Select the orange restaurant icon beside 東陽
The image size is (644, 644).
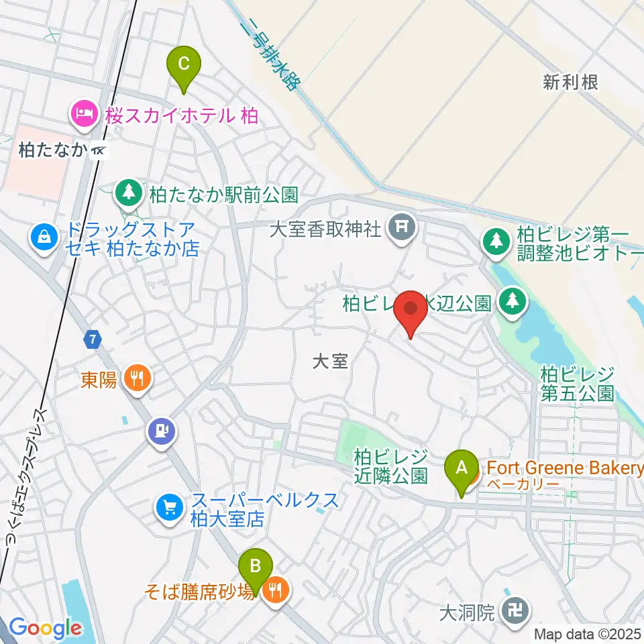137,380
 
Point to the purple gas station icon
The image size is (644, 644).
163,428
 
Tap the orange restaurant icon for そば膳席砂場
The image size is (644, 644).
276,590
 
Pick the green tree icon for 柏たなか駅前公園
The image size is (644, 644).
127,194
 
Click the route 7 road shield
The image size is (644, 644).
92,340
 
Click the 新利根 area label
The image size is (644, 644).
570,83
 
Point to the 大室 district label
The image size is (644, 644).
330,362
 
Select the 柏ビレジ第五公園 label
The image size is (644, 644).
577,382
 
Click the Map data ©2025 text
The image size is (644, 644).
588,634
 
